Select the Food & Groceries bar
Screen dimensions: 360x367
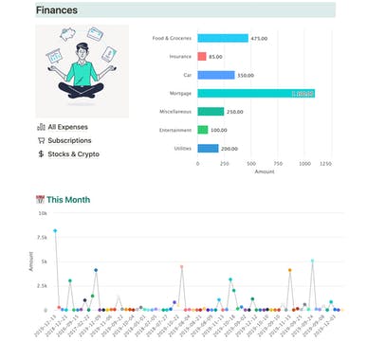(223, 39)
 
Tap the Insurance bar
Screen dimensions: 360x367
(202, 57)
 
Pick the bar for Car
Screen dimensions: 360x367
(216, 75)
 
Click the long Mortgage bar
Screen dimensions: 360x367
(256, 94)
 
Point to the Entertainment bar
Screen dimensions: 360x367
(203, 130)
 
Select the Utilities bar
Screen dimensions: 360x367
(208, 149)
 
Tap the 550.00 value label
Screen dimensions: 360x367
(248, 75)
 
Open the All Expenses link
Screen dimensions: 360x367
(68, 126)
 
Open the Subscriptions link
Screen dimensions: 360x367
(70, 139)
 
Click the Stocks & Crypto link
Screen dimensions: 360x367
(73, 153)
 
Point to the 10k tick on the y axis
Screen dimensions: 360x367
(42, 214)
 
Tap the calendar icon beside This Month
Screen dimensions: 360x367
(40, 200)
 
